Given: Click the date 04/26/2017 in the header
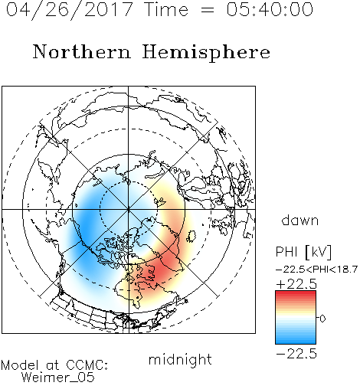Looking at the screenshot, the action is click(70, 10).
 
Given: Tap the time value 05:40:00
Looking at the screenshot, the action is click(270, 9).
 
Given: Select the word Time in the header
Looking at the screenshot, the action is click(166, 9).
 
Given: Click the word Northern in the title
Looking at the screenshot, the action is click(82, 51).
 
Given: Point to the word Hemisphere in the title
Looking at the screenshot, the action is click(206, 53).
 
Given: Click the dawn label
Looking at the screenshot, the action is click(300, 220).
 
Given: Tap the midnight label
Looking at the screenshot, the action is click(180, 359).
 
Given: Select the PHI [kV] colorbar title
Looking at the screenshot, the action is click(303, 252).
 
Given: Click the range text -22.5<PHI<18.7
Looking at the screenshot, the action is click(316, 270).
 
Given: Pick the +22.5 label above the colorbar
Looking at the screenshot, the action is click(296, 284).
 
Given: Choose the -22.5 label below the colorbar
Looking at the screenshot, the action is click(296, 354).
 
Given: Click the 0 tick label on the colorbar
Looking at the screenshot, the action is click(322, 319).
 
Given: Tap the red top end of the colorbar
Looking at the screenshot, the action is click(296, 293).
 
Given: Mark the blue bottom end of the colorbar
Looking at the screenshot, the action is click(296, 342).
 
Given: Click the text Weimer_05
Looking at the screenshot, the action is click(58, 378).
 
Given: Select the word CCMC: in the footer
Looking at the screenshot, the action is click(87, 365).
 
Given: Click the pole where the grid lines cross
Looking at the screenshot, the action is click(129, 209).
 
